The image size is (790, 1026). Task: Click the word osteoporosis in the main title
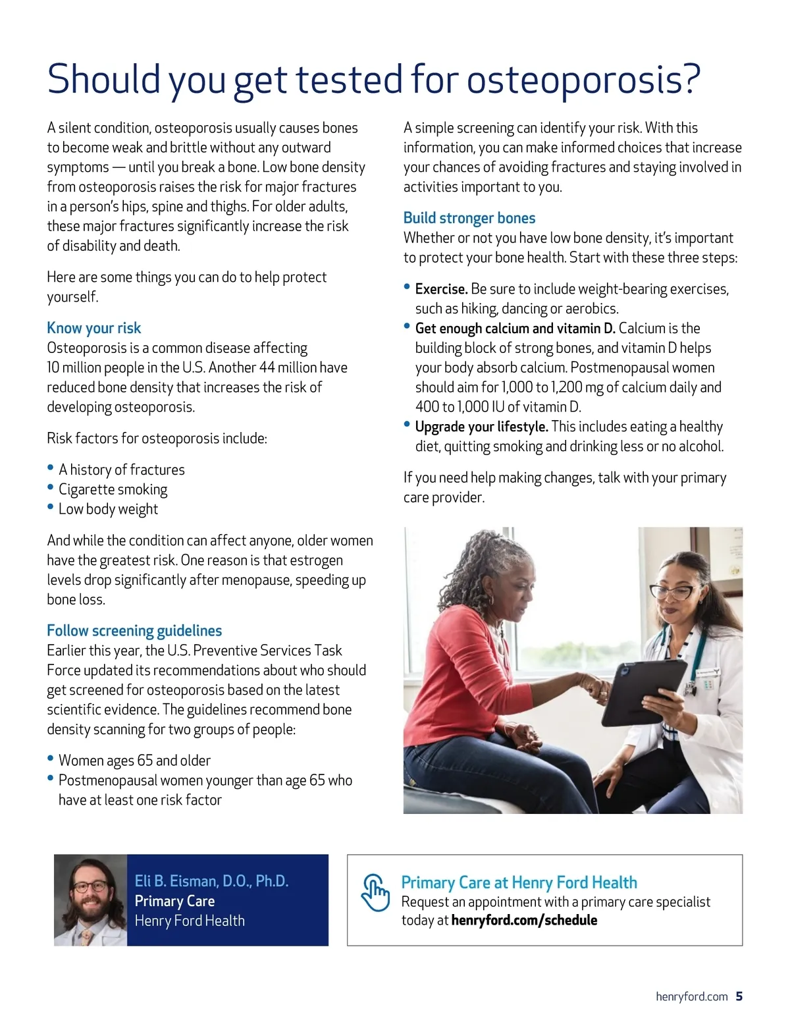click(x=583, y=80)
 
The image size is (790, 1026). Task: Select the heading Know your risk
click(x=93, y=328)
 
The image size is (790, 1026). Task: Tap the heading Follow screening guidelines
click(x=134, y=631)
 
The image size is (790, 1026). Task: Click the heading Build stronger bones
click(x=469, y=218)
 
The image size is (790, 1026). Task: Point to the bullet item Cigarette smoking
click(x=113, y=489)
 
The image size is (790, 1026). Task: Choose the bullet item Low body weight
click(x=108, y=509)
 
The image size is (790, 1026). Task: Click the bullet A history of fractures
click(x=121, y=470)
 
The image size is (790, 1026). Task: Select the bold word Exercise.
click(x=441, y=289)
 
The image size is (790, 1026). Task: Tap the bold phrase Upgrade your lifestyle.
click(x=481, y=427)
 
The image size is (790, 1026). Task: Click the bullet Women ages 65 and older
click(x=134, y=761)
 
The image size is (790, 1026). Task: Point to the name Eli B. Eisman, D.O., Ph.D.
click(x=211, y=881)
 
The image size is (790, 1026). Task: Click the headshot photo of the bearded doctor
click(x=90, y=900)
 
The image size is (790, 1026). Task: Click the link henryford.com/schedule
click(x=524, y=920)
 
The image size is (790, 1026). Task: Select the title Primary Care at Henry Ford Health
click(x=519, y=882)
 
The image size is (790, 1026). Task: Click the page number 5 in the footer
click(x=739, y=996)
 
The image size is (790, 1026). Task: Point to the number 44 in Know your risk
click(x=267, y=367)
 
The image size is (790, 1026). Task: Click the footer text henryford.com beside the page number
click(x=691, y=996)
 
